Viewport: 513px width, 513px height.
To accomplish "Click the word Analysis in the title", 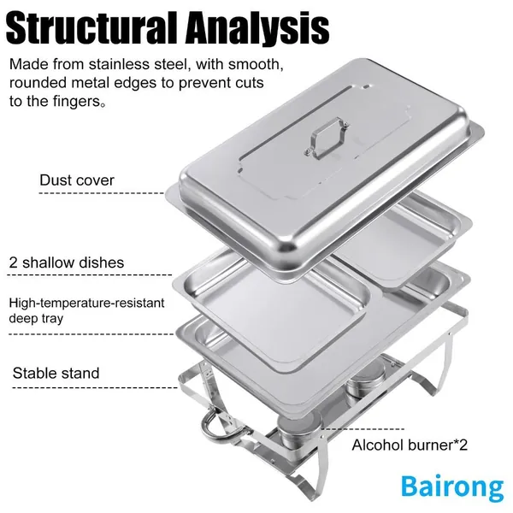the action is pos(259,29).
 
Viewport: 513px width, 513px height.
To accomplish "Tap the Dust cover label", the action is pos(77,180).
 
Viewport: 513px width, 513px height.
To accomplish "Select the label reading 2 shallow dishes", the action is pos(67,262).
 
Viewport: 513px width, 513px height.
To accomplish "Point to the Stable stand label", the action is pos(56,373).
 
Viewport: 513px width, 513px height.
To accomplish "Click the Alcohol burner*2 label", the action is pos(410,445).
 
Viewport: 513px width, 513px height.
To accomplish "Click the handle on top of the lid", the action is pos(327,138).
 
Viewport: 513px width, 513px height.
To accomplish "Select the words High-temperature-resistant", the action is pos(86,303).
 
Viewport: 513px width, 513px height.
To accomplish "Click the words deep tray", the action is pos(36,318).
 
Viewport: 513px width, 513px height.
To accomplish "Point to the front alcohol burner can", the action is pos(298,430).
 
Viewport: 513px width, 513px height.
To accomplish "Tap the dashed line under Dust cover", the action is pos(102,193).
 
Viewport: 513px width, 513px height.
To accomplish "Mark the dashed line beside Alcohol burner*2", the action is pos(363,429).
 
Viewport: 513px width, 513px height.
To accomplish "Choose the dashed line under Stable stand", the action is pos(95,388).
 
